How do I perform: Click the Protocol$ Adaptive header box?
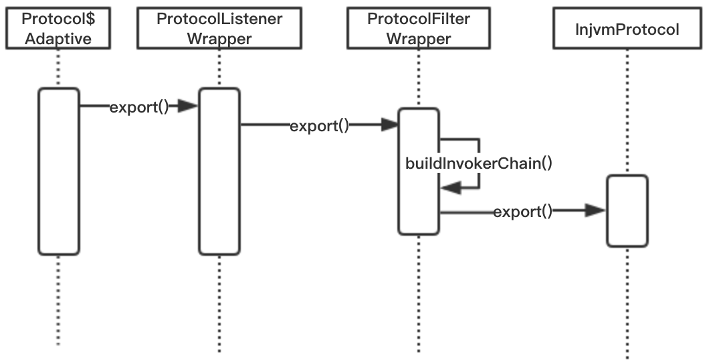(x=58, y=27)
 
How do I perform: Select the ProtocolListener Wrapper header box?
(x=219, y=27)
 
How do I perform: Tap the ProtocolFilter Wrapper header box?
(x=418, y=27)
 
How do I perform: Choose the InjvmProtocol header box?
(x=627, y=27)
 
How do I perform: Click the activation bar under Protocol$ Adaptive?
(x=59, y=171)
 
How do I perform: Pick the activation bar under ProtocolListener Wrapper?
(x=219, y=171)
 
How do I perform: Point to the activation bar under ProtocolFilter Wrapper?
(x=419, y=171)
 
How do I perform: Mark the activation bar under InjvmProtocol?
(x=627, y=211)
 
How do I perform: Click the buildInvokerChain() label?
(x=479, y=163)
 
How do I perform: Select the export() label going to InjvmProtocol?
(x=522, y=212)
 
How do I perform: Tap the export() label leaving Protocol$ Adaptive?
(x=139, y=107)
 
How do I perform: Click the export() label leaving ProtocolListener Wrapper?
(x=319, y=126)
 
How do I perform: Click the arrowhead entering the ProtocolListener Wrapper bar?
(x=188, y=106)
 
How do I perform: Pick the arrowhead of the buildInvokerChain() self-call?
(x=451, y=188)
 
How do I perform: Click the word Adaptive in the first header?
(x=58, y=39)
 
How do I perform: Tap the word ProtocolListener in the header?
(x=219, y=19)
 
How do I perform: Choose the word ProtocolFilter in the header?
(x=419, y=19)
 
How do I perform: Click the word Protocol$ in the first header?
(x=58, y=19)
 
